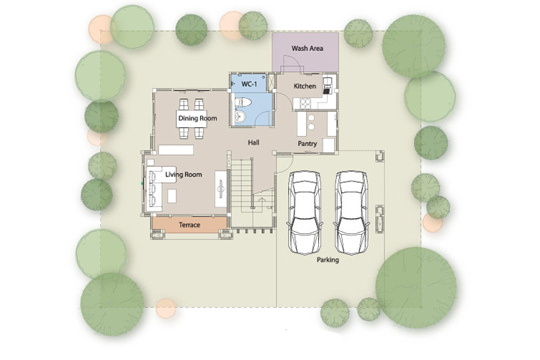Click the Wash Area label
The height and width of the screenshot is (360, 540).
click(x=307, y=48)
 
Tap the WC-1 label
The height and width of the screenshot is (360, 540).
click(x=249, y=84)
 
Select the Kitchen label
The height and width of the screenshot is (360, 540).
click(x=305, y=86)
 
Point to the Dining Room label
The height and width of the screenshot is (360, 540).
click(x=198, y=118)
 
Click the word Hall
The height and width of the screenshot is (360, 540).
click(x=253, y=143)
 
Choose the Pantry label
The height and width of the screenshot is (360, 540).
click(x=307, y=144)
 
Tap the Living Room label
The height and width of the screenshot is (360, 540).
click(x=184, y=174)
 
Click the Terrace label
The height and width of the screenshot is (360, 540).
click(x=189, y=225)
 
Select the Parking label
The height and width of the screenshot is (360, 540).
click(x=328, y=260)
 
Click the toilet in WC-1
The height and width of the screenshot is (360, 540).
click(x=243, y=102)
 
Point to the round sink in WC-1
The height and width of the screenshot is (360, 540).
click(x=240, y=117)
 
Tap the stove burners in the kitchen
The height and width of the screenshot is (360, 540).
click(x=305, y=104)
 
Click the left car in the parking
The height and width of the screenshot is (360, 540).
click(x=305, y=212)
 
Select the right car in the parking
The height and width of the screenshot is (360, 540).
click(x=352, y=212)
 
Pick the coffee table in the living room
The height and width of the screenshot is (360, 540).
click(x=172, y=196)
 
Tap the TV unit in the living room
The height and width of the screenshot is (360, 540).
click(x=221, y=189)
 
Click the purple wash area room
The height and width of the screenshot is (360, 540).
click(x=305, y=53)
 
